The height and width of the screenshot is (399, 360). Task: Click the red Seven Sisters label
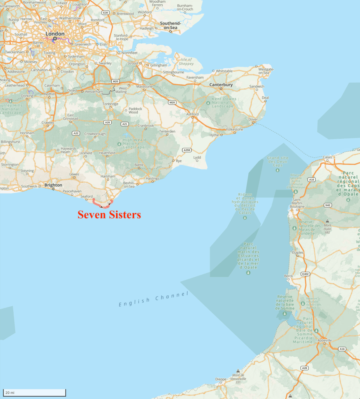109,214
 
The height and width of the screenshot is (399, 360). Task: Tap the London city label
55,34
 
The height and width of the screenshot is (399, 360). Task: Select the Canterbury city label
221,85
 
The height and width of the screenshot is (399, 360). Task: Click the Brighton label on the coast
53,185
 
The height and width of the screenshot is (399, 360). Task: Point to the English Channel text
153,299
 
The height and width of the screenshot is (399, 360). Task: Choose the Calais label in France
327,157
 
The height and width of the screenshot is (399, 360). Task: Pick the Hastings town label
153,178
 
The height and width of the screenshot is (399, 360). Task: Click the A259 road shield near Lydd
187,150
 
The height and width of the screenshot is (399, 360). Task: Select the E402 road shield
305,274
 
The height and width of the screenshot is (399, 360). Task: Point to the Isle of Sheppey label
186,62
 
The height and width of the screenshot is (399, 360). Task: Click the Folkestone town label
234,129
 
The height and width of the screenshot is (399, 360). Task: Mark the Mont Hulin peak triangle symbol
327,221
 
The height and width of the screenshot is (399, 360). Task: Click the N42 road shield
328,205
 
